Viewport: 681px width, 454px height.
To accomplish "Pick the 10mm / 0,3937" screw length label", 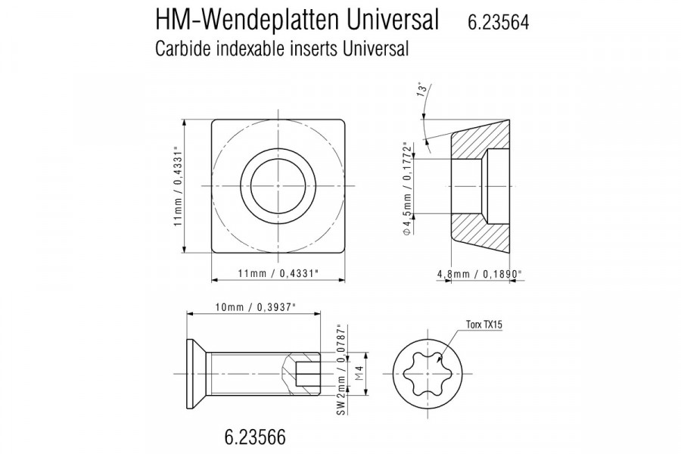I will pos(255,306).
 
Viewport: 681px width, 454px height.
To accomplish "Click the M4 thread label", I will pos(360,373).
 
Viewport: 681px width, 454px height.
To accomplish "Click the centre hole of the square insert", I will pos(278,185).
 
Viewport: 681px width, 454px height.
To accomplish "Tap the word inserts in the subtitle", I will pos(311,49).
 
